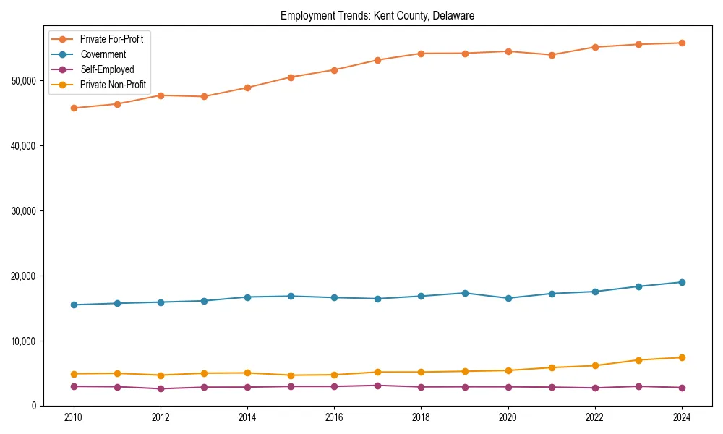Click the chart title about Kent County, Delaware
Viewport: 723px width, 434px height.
coord(377,16)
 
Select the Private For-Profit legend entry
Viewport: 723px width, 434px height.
coord(111,39)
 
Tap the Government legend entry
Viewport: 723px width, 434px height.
coord(103,54)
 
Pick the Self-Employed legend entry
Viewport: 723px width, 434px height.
coord(107,69)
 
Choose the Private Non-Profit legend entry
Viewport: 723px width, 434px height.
coord(113,85)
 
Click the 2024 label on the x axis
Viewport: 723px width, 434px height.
coord(682,417)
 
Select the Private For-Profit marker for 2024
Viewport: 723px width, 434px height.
coord(682,43)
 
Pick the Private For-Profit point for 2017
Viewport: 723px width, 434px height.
coord(377,60)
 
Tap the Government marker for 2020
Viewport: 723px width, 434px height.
coord(508,298)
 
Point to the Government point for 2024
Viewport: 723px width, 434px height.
coord(682,282)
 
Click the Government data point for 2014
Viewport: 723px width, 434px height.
coord(247,297)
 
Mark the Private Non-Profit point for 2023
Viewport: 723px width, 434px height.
coord(638,360)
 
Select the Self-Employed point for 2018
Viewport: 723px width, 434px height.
coord(421,387)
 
